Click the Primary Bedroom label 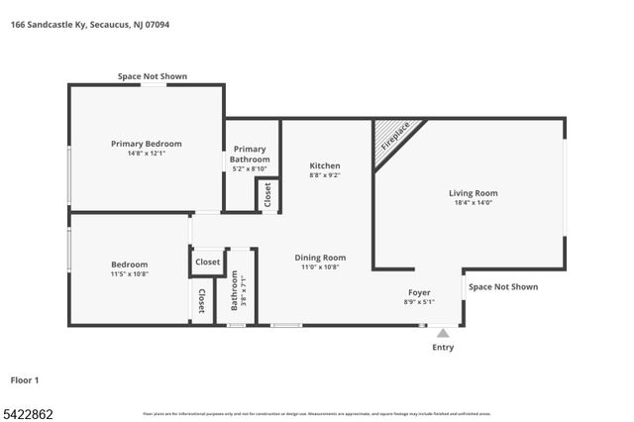pos(146,144)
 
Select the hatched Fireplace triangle pos(392,138)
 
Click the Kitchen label pos(324,165)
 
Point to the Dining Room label pos(320,258)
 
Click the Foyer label pos(419,293)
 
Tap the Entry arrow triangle pos(443,334)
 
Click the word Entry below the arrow pos(443,348)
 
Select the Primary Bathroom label pos(250,154)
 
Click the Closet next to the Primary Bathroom pos(267,195)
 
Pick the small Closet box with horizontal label pos(207,263)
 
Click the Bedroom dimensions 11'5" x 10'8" pos(129,273)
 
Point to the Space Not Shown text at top pos(152,76)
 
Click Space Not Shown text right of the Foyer pos(503,287)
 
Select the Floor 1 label pos(25,379)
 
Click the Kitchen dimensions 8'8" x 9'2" pos(324,175)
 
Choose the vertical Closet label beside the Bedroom pos(201,301)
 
